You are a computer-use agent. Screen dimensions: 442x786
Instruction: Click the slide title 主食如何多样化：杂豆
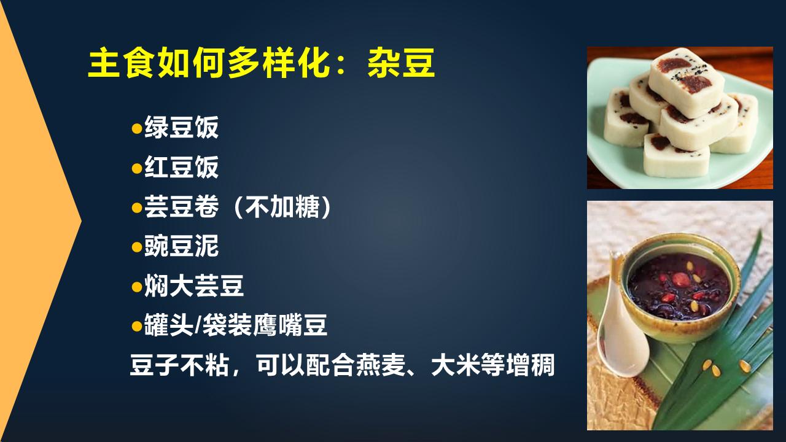pos(261,64)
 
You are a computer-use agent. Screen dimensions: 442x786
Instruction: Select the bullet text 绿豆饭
pos(181,128)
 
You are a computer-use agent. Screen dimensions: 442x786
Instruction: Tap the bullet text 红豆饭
pos(181,168)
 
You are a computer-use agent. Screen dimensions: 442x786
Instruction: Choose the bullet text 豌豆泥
pos(181,247)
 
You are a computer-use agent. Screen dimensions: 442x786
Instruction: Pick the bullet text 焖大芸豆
pos(194,286)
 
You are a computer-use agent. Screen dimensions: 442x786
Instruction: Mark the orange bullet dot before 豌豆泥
pos(136,247)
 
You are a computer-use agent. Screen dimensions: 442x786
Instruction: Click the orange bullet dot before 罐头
pos(136,326)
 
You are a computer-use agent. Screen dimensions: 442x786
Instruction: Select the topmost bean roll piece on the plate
pos(685,77)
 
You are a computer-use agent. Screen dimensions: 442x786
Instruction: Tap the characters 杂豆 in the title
pos(402,64)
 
